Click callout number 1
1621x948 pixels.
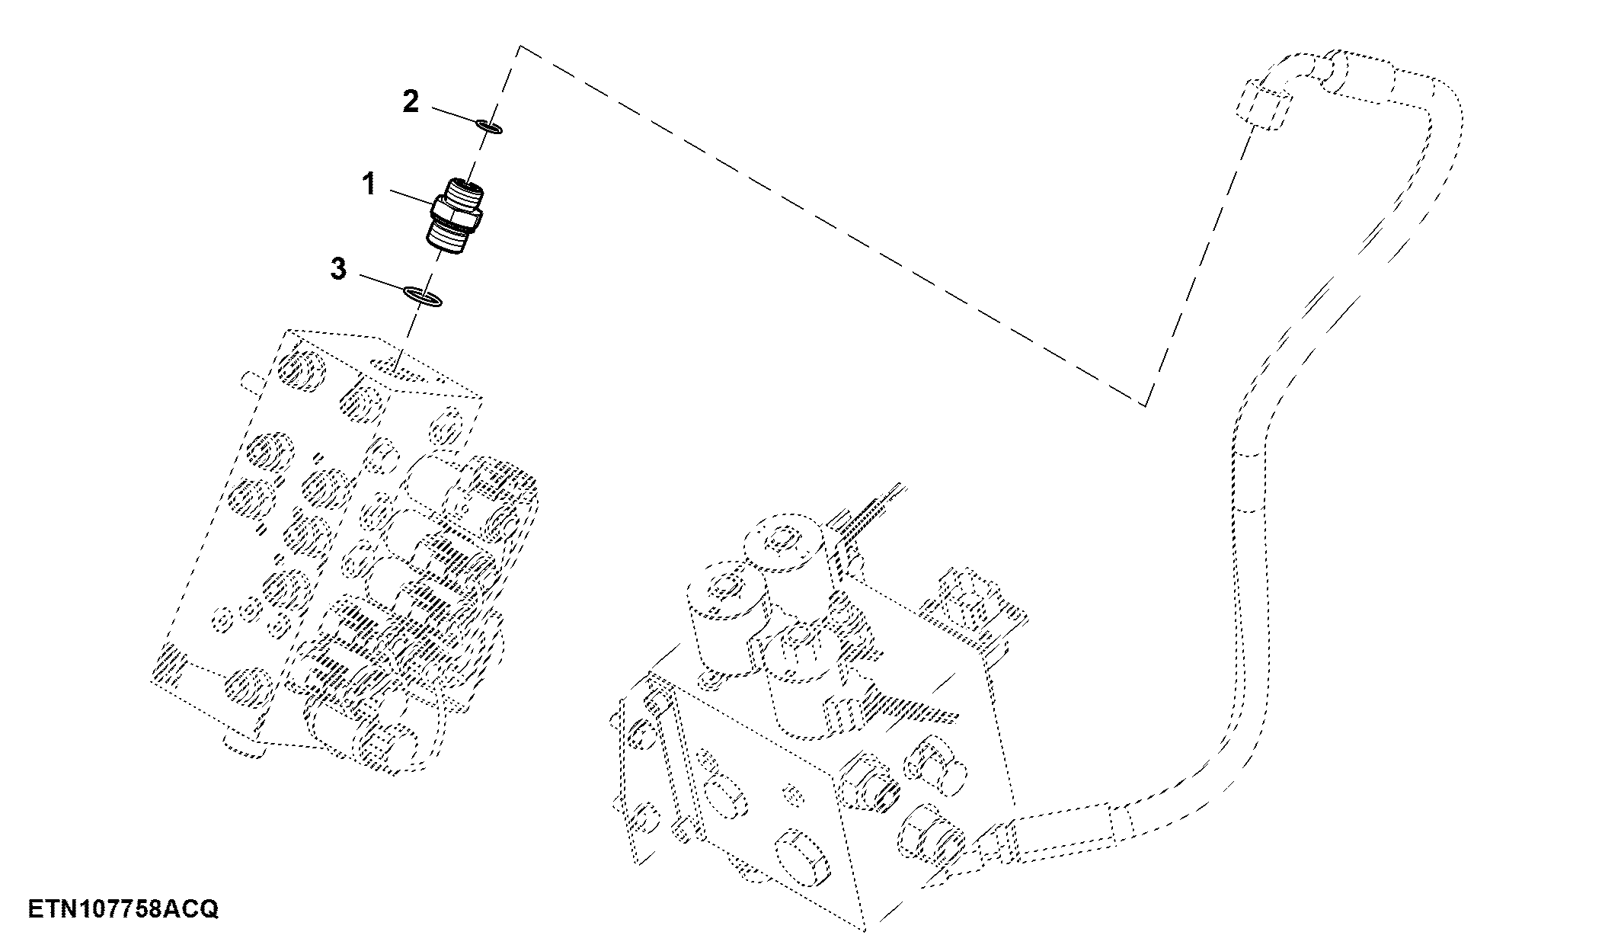click(x=369, y=184)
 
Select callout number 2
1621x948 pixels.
click(x=411, y=101)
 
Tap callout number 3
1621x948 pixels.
click(x=338, y=268)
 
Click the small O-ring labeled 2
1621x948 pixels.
click(x=488, y=126)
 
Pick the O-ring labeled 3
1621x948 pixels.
click(x=423, y=296)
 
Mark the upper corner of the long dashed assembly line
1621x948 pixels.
click(x=520, y=46)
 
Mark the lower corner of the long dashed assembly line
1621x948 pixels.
click(x=1145, y=405)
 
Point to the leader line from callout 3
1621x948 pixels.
click(x=382, y=283)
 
